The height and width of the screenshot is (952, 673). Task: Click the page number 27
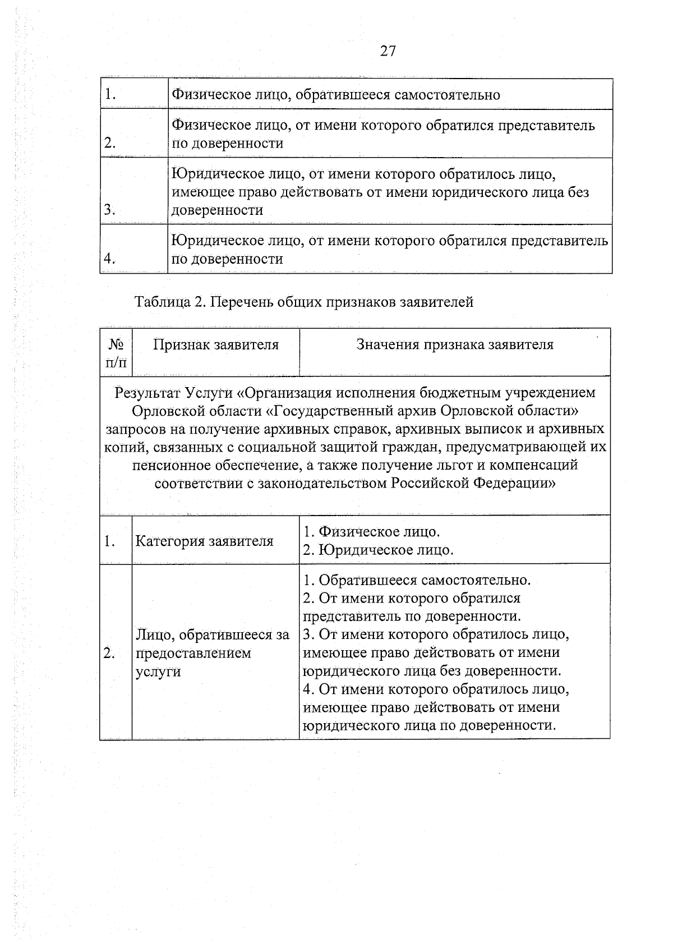tap(388, 52)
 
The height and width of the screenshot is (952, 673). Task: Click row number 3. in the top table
tap(109, 210)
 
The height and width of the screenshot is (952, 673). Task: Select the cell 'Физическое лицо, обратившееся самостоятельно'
tap(335, 95)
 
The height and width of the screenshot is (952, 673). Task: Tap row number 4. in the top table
tap(109, 259)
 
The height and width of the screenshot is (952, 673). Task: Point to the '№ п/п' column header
tap(116, 353)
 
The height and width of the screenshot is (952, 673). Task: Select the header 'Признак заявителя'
tap(216, 344)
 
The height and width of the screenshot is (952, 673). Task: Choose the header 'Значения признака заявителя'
tap(454, 344)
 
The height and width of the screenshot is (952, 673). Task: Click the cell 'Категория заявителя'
tap(204, 541)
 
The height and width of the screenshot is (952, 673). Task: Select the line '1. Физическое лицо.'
tap(371, 531)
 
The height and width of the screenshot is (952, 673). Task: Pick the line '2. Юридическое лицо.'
tap(378, 550)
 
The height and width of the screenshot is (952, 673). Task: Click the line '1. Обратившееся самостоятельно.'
tap(417, 580)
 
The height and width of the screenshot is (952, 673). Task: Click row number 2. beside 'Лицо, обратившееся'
tap(109, 653)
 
